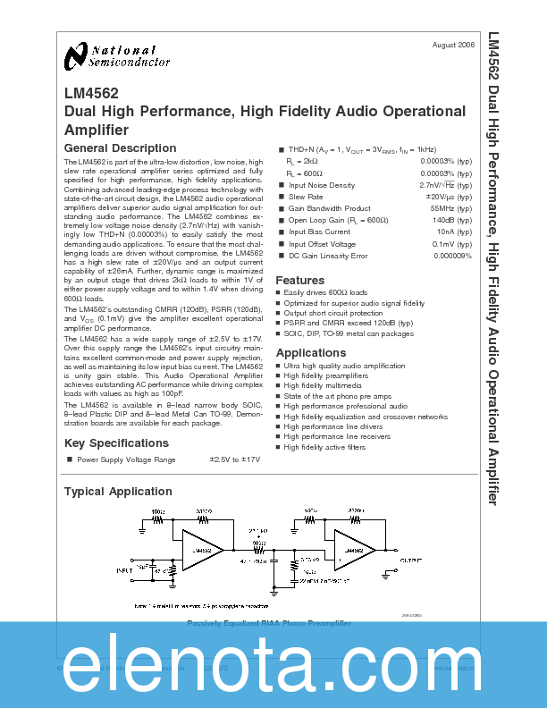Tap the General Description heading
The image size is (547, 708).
(121, 148)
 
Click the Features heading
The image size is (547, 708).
(299, 280)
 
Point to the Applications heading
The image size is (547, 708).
(310, 353)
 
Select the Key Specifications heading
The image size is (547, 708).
(116, 443)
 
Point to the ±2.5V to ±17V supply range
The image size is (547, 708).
(234, 459)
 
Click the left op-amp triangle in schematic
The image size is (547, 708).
(201, 548)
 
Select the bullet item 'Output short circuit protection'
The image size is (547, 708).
(332, 313)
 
